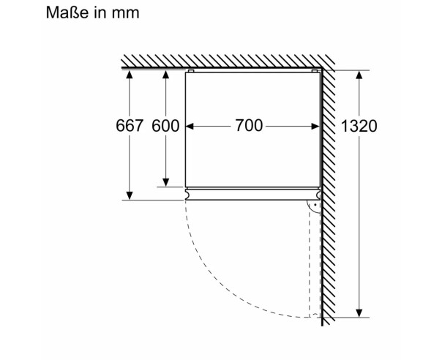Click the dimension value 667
130,126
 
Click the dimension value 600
165,126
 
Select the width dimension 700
249,126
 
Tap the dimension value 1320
359,126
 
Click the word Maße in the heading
67,12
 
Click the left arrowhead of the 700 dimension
190,127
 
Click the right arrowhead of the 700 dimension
315,127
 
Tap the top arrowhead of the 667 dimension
130,74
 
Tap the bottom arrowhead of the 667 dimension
130,195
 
